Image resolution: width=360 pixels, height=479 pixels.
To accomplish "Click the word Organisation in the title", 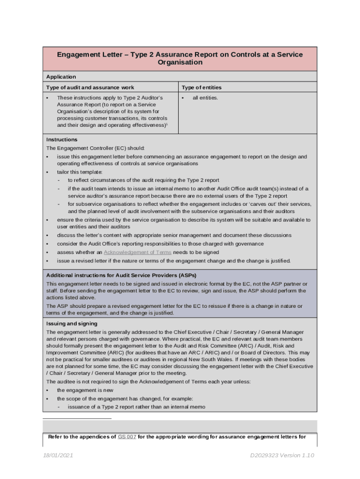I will click(x=180, y=63).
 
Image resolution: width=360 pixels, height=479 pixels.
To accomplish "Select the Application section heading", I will click(x=61, y=77).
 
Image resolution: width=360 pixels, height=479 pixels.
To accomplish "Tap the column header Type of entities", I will click(x=202, y=87).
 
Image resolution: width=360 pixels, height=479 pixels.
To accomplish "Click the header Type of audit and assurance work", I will click(x=90, y=87).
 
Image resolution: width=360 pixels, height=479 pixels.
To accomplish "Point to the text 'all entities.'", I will click(x=205, y=98).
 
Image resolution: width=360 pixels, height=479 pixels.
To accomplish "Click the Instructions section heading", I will click(x=62, y=139).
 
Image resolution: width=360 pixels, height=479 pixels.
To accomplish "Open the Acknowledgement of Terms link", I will click(x=137, y=252).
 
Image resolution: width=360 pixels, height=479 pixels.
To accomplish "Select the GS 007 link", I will click(x=127, y=437).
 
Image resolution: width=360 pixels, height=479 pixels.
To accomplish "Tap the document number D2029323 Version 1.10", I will click(x=282, y=456).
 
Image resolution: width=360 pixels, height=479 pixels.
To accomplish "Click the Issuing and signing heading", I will click(x=72, y=323).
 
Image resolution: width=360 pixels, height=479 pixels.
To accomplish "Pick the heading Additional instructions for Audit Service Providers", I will click(x=124, y=276).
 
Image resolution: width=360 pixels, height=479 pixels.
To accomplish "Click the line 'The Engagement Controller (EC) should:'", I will click(x=95, y=148).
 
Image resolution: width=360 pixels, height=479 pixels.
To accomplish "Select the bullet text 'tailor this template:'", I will click(x=79, y=172).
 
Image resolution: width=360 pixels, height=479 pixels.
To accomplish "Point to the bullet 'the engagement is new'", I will click(x=85, y=390).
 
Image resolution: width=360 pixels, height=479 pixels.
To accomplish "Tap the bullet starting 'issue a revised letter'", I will click(x=173, y=261).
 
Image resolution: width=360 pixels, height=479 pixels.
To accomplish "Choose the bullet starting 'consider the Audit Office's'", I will click(x=160, y=244).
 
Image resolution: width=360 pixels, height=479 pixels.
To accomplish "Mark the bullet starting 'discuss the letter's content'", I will click(x=174, y=235).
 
